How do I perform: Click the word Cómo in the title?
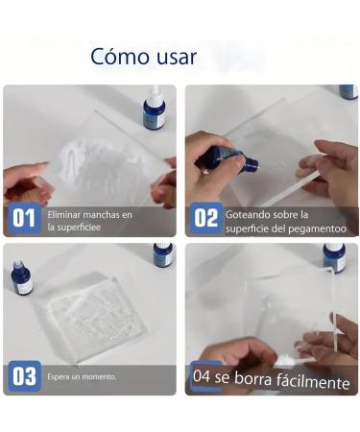[120, 57]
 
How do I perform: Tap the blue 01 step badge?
[24, 218]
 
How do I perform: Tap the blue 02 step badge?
[206, 218]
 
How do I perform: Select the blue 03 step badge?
[24, 376]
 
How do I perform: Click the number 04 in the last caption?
[202, 375]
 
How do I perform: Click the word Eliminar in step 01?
[63, 215]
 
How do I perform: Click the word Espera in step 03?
[58, 376]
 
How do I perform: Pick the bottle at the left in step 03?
[22, 278]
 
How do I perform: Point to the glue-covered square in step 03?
[96, 317]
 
